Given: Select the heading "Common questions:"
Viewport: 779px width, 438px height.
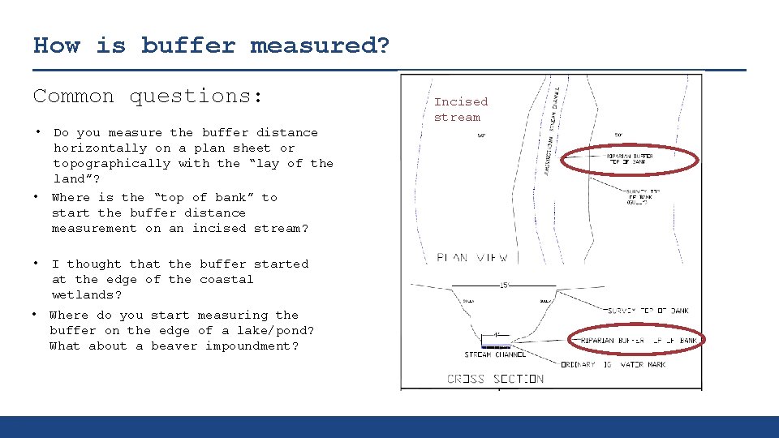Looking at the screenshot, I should pos(148,96).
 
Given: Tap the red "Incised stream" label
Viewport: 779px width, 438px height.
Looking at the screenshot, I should pos(461,109).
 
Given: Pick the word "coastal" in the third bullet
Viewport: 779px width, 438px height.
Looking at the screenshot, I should pos(226,279).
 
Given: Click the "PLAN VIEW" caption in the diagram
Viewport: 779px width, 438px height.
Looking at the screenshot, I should pos(472,258).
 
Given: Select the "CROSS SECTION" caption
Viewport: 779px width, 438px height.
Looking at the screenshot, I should pos(495,379).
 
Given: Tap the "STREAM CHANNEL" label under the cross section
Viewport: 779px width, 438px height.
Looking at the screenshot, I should pos(495,354).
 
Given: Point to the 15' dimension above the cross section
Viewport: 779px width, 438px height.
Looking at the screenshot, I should pos(505,284).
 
